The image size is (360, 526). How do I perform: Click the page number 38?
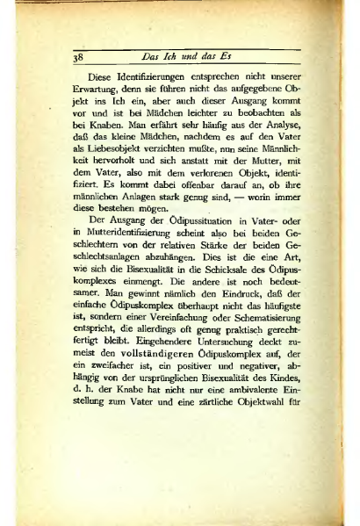pyautogui.click(x=77, y=59)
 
